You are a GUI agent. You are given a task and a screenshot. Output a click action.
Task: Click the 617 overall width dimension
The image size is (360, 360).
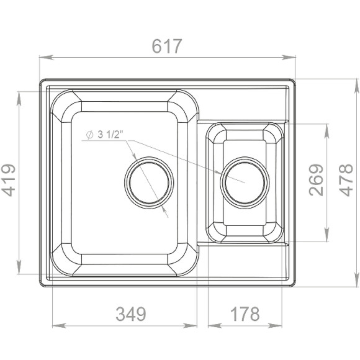point(167,47)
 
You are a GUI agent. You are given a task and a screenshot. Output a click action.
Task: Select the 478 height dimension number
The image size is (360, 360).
point(347,180)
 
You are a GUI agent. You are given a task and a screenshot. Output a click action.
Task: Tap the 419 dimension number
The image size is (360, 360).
point(8,180)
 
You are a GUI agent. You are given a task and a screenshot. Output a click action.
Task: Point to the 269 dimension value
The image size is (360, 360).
point(316,180)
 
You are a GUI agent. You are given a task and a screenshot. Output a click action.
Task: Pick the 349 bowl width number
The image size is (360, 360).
point(131,314)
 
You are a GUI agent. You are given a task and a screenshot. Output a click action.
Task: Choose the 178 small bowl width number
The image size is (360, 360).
point(245,314)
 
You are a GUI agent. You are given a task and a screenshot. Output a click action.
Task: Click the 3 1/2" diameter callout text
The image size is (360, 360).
point(110,135)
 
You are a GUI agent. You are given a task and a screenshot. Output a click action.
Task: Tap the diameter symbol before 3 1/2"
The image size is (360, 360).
point(89,135)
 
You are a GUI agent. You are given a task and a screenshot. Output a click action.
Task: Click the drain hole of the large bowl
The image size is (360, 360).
point(149,182)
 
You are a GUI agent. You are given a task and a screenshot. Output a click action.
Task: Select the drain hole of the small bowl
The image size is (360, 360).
point(245,182)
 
